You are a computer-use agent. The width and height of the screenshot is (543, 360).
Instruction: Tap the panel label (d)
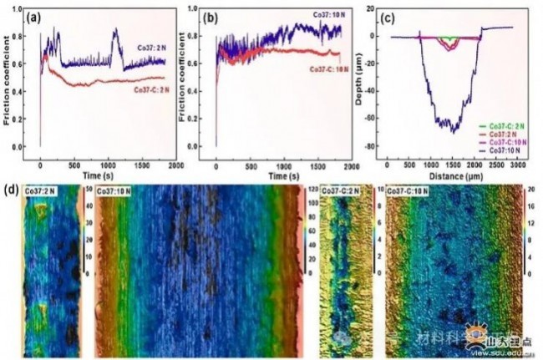point(12,190)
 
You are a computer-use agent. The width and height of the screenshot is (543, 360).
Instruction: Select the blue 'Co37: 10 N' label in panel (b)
point(314,14)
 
